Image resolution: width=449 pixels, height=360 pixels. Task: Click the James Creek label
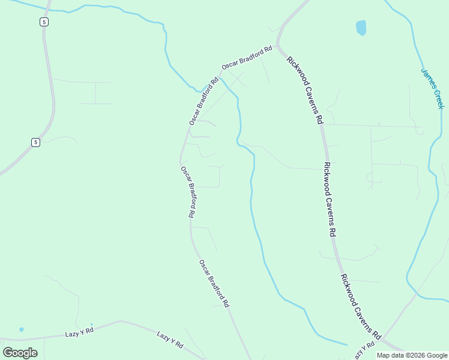pos(432,88)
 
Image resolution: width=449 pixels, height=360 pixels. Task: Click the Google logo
pos(20,352)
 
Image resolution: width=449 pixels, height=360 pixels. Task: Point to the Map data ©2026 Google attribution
pos(412,355)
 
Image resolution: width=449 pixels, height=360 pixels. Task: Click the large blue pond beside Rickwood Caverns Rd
pos(361,28)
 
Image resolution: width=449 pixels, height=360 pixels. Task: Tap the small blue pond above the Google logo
pos(22,329)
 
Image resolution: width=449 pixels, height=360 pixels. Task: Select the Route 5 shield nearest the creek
pos(45,22)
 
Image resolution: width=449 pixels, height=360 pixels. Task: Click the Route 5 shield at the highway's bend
pos(36,142)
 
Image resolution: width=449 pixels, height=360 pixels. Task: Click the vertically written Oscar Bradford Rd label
pos(188,191)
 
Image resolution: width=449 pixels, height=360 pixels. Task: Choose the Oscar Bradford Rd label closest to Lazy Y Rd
pos(214,283)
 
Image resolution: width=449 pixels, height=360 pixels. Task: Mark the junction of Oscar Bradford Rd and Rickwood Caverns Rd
pos(277,48)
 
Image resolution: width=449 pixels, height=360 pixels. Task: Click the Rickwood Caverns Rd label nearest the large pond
pos(305,90)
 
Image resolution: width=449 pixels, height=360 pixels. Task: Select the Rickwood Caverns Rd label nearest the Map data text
pos(361,307)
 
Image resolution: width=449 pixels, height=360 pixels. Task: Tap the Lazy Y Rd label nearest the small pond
pos(80,331)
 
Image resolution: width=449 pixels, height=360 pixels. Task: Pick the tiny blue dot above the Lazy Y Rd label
pos(91,325)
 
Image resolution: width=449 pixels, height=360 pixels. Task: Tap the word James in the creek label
pos(428,78)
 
